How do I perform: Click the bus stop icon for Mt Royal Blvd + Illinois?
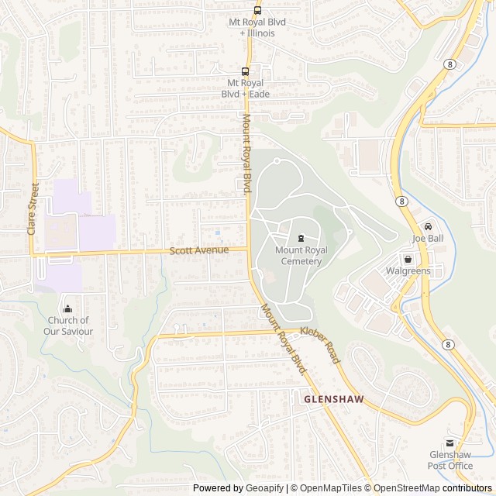pos(257,10)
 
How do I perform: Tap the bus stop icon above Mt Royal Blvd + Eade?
pos(245,71)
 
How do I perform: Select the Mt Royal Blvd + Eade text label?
pos(245,88)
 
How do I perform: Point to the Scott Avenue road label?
pos(199,250)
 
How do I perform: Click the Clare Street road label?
pos(33,208)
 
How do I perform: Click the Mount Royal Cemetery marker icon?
pos(301,238)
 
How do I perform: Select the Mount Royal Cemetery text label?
pos(301,256)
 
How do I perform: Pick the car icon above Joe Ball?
pos(428,226)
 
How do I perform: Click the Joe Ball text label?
pos(428,239)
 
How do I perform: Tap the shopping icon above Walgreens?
pos(408,259)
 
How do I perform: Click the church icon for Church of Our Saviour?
pos(68,308)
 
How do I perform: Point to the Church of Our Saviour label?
pos(69,326)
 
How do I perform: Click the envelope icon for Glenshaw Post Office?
pos(450,443)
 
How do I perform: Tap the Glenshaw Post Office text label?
pos(450,460)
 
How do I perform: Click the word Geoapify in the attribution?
pos(263,488)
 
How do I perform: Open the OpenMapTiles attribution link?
pos(330,488)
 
